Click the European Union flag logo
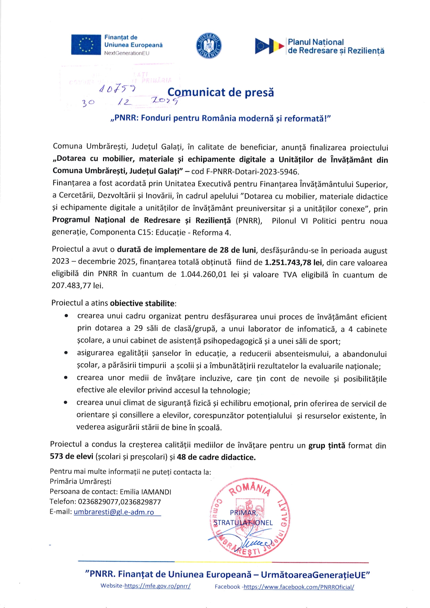pos(86,45)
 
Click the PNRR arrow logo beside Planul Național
pos(269,46)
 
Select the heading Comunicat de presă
pos(221,92)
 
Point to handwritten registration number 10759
pos(117,89)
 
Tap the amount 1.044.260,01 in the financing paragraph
pos(204,274)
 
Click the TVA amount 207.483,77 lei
pos(77,286)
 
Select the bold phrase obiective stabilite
pos(142,303)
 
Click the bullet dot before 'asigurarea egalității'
pos(66,353)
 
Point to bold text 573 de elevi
pos(71,457)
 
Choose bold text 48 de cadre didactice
pos(216,457)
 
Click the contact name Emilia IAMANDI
pos(146,492)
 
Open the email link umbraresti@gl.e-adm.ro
pos(114,512)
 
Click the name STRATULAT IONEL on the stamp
pos(243,523)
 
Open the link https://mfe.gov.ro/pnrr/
pos(157,586)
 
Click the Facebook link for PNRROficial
pos(299,587)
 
